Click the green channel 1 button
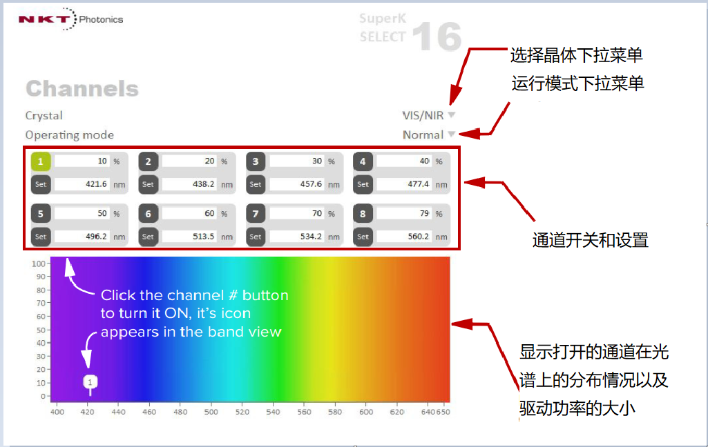click(41, 161)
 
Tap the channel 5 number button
click(41, 214)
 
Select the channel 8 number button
click(363, 214)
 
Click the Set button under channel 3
click(256, 184)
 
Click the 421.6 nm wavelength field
click(82, 184)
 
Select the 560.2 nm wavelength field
click(404, 237)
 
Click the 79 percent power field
click(404, 213)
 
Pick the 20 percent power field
click(189, 161)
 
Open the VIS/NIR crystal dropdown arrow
click(452, 115)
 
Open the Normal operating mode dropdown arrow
click(452, 135)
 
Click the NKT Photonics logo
click(70, 19)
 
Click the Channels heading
click(82, 88)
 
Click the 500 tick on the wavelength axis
click(211, 412)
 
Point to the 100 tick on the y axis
click(39, 264)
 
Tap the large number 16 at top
click(437, 37)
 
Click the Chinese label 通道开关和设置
click(590, 240)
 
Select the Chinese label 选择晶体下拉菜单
click(577, 55)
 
